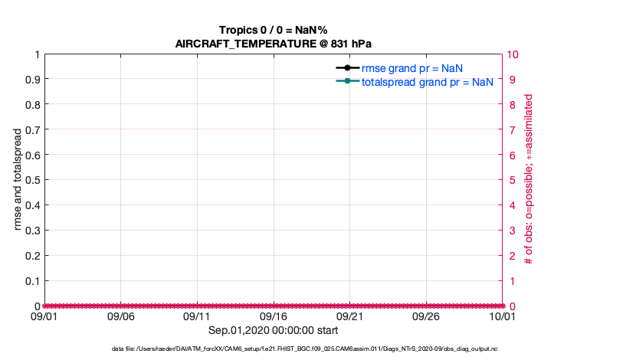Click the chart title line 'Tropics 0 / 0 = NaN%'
coord(274,30)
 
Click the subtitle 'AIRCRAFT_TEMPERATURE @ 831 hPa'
coord(274,43)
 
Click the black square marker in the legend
coord(348,68)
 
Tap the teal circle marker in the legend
coord(348,81)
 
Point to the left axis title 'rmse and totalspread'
coord(18,179)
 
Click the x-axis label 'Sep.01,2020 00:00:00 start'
coord(274,330)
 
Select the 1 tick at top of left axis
coord(36,54)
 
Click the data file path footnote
coord(274,349)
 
